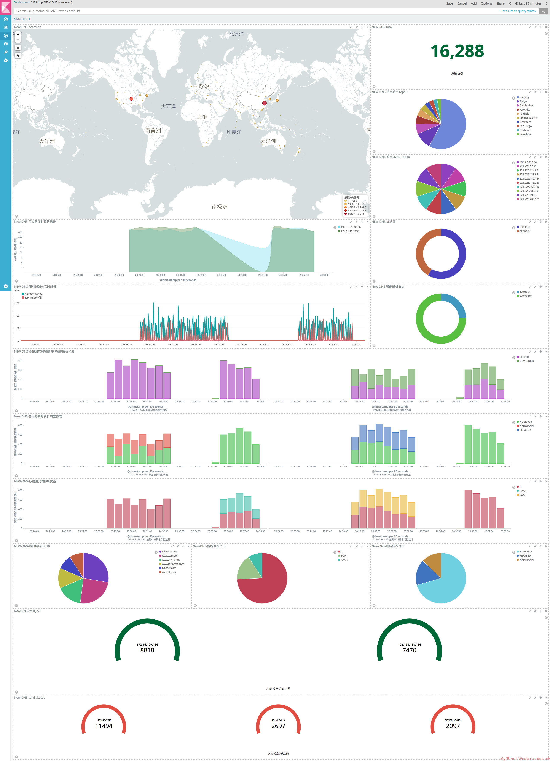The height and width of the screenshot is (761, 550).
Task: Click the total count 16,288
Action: pos(457,51)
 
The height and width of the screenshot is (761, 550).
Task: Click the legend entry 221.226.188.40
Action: pos(529,191)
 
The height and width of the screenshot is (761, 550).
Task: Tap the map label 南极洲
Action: pos(220,207)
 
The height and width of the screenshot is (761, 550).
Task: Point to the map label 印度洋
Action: pos(234,132)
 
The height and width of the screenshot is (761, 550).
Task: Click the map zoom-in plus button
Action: pos(18,34)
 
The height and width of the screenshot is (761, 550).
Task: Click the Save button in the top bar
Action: pos(450,3)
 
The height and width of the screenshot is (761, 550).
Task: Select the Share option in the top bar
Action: pos(500,3)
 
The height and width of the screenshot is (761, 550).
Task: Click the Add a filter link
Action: pos(22,19)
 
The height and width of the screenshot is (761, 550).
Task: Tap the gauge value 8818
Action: pos(147,650)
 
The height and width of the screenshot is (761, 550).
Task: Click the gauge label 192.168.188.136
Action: pos(409,645)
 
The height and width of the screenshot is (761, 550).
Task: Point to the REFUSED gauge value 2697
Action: pos(278,726)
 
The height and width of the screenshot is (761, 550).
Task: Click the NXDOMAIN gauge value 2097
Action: pos(453,726)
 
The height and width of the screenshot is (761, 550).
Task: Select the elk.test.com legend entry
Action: pos(169,552)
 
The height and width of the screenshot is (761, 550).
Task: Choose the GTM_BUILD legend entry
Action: pos(526,361)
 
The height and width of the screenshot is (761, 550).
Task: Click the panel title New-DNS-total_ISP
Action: pos(27,611)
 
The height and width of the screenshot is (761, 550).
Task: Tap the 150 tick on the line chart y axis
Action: pos(18,303)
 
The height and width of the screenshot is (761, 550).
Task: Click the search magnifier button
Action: pos(543,11)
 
